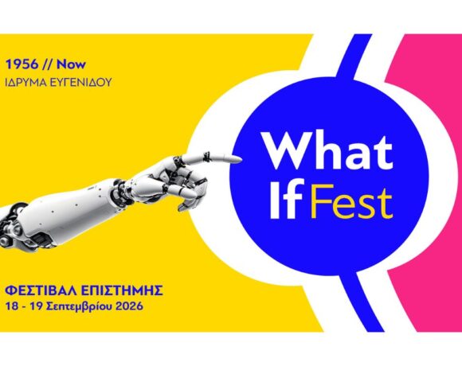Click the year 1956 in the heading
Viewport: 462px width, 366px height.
point(22,64)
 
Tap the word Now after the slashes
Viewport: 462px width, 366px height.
point(72,64)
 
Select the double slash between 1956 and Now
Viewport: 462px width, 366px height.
point(48,64)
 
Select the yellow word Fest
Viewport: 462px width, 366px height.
point(352,201)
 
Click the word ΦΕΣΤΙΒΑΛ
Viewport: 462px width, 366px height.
point(41,290)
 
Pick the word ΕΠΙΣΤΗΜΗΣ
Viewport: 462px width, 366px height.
point(121,290)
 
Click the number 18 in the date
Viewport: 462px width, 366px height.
point(13,306)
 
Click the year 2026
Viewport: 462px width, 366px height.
point(129,306)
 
